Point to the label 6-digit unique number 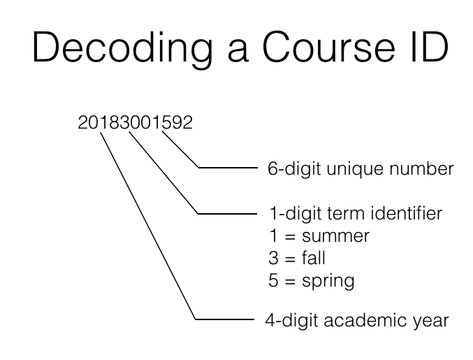pyautogui.click(x=361, y=168)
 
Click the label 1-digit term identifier pyautogui.click(x=356, y=213)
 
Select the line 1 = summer pyautogui.click(x=319, y=236)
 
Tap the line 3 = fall pyautogui.click(x=297, y=259)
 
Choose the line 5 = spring pyautogui.click(x=312, y=282)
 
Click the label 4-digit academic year pyautogui.click(x=356, y=321)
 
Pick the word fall pyautogui.click(x=314, y=259)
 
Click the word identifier pyautogui.click(x=409, y=213)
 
